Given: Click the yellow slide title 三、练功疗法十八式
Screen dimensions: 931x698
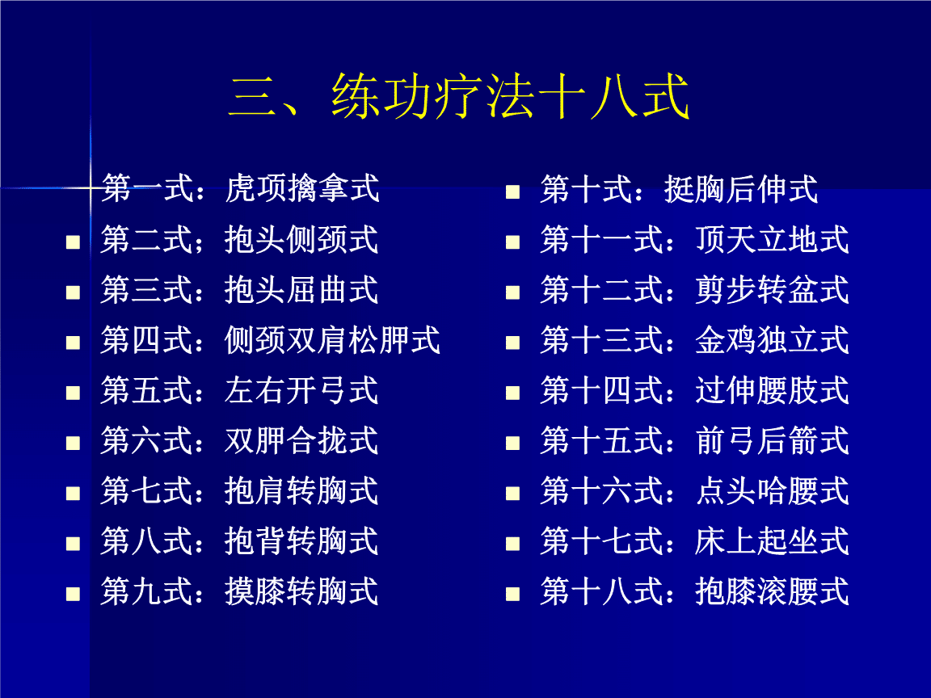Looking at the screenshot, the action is coord(458,97).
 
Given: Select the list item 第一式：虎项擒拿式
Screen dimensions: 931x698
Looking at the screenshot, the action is coord(240,188).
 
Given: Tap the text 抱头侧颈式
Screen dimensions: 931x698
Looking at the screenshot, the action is coord(301,240).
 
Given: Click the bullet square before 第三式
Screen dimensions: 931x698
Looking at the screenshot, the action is coord(73,292).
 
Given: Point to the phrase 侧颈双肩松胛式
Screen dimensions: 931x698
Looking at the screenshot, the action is coord(332,340).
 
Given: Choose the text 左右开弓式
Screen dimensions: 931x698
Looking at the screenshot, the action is coord(301,390).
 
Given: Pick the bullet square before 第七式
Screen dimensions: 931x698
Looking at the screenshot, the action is coord(73,494).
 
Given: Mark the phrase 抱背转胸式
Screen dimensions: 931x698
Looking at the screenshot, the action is coord(301,541).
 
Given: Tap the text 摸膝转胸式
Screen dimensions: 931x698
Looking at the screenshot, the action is coord(301,591).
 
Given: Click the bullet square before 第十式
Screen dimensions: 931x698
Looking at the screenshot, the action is coord(512,191).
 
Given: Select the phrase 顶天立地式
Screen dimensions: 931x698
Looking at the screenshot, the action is coord(772,240).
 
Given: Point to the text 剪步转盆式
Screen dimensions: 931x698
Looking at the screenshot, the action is coord(772,290).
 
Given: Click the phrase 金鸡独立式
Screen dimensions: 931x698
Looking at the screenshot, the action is coord(772,340).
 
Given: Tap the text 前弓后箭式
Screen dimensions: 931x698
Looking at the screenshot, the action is coord(772,441).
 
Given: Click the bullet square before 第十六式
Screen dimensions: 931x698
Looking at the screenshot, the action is coord(512,494).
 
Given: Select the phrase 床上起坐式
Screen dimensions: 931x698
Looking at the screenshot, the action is coord(772,541).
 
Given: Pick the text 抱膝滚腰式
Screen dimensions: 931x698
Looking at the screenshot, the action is coord(772,591).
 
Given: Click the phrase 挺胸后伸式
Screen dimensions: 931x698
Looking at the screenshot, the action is coord(741,189).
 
